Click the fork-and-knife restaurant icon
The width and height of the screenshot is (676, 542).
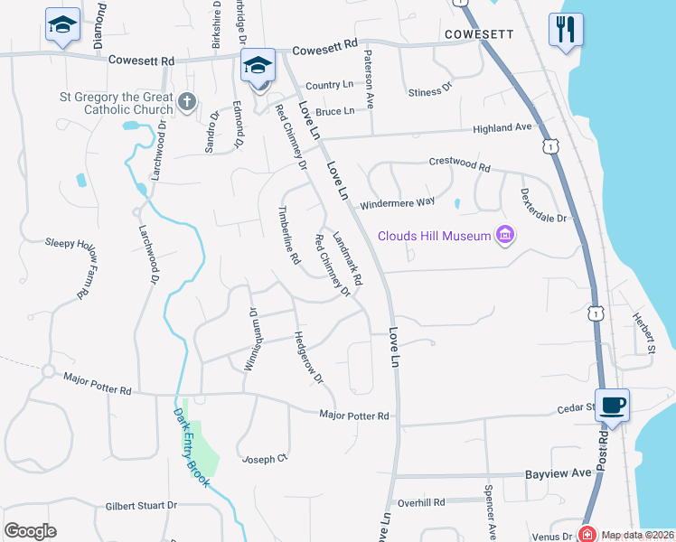coord(565,30)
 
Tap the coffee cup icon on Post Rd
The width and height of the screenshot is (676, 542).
coord(612,405)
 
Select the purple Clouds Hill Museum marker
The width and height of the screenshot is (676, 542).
coord(505,236)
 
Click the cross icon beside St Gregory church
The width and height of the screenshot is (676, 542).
coord(187,100)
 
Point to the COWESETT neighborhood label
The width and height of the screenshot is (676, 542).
coord(479,34)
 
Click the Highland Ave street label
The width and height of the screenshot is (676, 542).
coord(502,128)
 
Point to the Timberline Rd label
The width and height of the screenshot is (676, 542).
coord(288,234)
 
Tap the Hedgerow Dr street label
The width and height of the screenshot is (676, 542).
coord(308,358)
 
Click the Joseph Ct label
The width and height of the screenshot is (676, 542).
coord(264,459)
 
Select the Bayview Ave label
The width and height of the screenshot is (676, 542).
coord(559,472)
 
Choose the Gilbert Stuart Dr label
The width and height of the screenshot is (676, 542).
coord(141,507)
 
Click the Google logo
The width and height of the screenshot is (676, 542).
coord(30,531)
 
